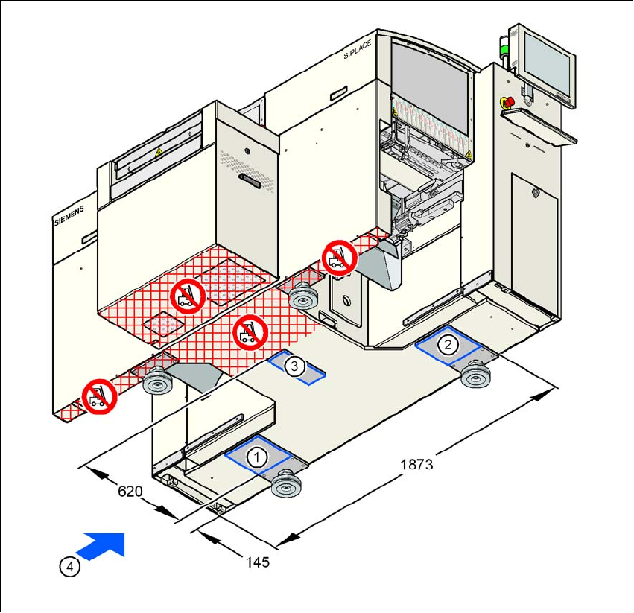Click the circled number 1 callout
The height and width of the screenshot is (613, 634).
click(256, 457)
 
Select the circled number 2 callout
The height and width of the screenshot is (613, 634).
click(448, 344)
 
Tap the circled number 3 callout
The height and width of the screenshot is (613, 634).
click(295, 366)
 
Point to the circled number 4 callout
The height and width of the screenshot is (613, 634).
click(69, 567)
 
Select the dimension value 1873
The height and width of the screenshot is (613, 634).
click(416, 463)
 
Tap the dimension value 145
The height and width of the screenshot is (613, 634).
click(257, 562)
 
